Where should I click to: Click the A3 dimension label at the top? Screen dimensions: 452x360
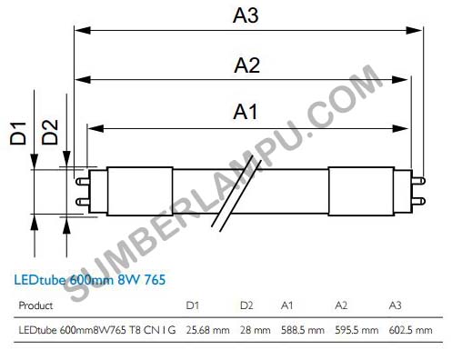click(246, 15)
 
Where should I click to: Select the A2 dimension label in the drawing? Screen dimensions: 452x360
click(246, 65)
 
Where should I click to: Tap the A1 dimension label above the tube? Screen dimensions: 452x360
click(246, 112)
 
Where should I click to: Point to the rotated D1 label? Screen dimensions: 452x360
click(18, 133)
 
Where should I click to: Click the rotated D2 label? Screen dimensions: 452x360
click(50, 132)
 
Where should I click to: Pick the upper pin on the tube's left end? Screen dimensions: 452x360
click(82, 181)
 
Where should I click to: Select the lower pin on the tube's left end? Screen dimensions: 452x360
click(82, 202)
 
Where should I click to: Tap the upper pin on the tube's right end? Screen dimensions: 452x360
click(418, 181)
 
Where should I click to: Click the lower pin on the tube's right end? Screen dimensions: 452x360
click(418, 201)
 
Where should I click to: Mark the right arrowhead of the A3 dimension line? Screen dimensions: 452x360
click(414, 30)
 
